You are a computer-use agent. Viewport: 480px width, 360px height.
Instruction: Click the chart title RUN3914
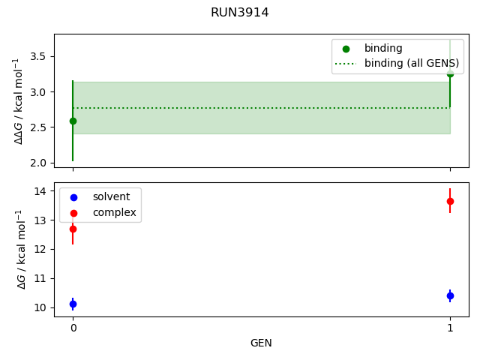tap(240, 13)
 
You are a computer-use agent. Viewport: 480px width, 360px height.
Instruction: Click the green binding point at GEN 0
tap(73, 121)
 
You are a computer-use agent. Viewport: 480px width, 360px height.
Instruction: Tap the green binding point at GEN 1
tap(450, 74)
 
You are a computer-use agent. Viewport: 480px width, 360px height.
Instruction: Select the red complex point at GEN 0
tap(73, 229)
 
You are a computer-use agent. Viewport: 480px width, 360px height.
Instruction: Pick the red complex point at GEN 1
tap(450, 201)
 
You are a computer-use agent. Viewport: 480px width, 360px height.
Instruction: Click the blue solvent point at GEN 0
tap(73, 304)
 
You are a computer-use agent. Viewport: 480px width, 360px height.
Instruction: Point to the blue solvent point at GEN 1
tap(450, 295)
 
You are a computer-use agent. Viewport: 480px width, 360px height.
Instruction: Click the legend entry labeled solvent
tap(111, 196)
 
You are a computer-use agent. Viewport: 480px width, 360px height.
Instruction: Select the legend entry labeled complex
tap(114, 212)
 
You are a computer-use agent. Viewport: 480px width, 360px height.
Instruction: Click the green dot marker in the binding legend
tap(346, 49)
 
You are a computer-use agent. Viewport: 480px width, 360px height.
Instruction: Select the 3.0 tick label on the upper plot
tap(37, 92)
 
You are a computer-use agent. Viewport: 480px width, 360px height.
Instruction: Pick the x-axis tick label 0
tap(73, 328)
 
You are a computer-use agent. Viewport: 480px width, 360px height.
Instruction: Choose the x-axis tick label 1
tap(450, 328)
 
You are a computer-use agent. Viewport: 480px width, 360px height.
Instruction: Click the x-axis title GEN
tap(261, 343)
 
